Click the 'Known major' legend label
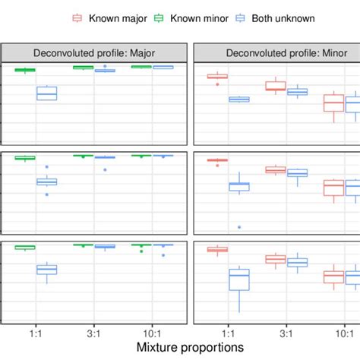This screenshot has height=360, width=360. pos(115,17)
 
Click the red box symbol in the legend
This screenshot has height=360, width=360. pos(77,17)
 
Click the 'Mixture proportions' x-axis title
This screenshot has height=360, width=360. pos(181,346)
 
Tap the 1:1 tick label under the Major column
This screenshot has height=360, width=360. pos(36,331)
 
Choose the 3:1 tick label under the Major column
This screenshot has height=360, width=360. pos(94,331)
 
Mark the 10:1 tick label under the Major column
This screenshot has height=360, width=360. pos(153,331)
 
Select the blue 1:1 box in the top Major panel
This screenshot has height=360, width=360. pos(47,93)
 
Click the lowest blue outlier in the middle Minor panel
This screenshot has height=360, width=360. pos(239,227)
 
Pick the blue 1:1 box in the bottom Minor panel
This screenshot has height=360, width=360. pos(239,280)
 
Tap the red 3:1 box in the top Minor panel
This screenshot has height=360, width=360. pos(276,86)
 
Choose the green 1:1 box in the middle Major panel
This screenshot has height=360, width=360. pos(25,158)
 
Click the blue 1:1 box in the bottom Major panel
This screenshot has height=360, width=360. pos(47,270)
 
